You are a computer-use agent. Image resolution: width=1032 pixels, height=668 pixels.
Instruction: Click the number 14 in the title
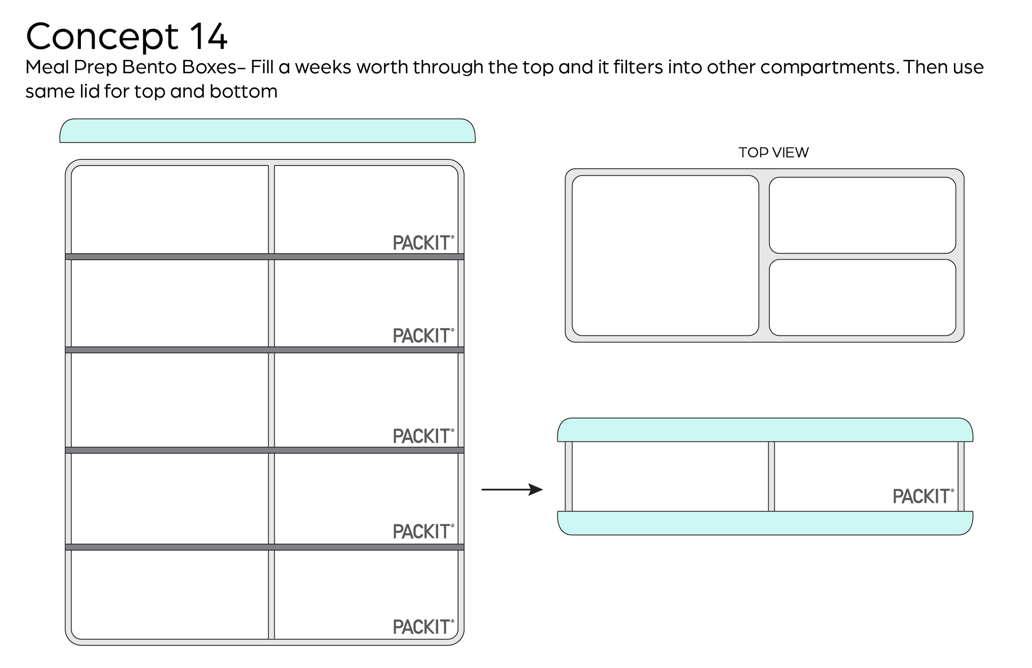208,36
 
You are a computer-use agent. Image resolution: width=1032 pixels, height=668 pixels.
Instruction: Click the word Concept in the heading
102,36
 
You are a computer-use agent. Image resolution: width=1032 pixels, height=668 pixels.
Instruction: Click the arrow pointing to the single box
511,490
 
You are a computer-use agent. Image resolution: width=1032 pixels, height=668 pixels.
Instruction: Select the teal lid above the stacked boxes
267,131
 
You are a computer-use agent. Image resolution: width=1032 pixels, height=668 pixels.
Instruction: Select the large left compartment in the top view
665,256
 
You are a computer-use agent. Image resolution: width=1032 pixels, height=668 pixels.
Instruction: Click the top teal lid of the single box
765,430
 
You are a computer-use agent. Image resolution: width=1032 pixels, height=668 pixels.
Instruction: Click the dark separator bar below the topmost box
265,257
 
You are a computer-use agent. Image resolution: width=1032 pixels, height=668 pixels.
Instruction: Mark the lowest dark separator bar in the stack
265,547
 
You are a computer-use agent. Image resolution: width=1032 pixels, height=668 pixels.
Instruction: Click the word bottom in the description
243,92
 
